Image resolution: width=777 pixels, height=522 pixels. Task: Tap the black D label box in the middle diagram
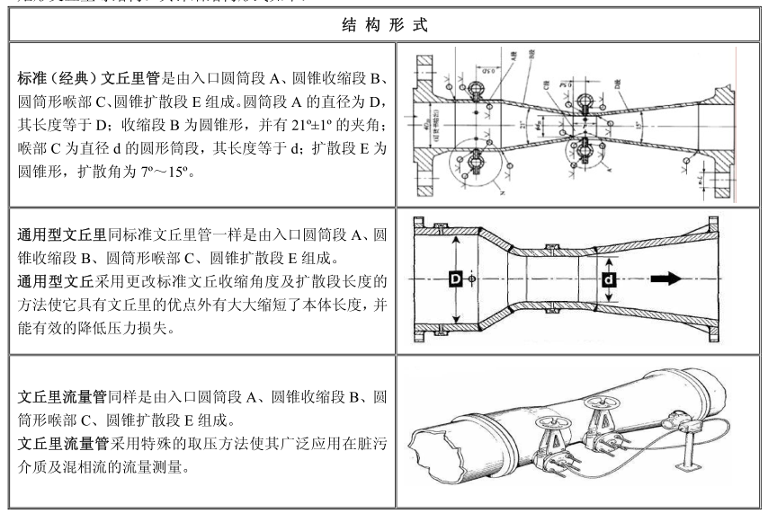(456, 279)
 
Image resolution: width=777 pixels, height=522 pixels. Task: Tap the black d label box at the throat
(609, 279)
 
